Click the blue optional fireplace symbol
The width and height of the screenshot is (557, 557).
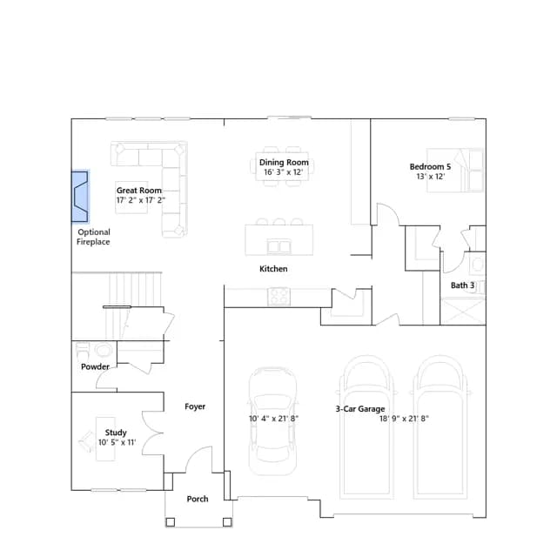click(x=80, y=197)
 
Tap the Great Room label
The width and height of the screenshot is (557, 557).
click(x=139, y=191)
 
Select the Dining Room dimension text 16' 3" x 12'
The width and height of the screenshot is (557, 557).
click(x=283, y=172)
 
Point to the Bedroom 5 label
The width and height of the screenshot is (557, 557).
click(x=430, y=166)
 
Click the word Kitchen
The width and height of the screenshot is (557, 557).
click(x=273, y=269)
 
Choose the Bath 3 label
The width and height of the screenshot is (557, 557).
click(x=462, y=285)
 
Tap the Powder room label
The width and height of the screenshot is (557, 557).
click(x=95, y=366)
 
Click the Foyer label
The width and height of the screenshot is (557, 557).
click(x=195, y=406)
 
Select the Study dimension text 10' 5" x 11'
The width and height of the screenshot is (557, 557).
click(x=117, y=443)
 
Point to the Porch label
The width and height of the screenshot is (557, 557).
click(x=198, y=499)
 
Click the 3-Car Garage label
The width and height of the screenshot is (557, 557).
click(x=359, y=409)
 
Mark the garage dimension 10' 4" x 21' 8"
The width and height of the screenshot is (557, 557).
click(x=273, y=419)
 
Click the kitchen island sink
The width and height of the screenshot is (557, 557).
click(x=278, y=246)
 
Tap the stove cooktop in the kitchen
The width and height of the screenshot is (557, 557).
click(x=278, y=297)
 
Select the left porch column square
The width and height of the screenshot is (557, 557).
click(x=171, y=522)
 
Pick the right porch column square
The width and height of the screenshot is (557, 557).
click(x=227, y=522)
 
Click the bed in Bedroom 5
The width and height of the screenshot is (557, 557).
click(x=455, y=171)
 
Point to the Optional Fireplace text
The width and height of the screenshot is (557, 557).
click(x=93, y=237)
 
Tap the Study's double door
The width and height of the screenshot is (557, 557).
click(x=153, y=433)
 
